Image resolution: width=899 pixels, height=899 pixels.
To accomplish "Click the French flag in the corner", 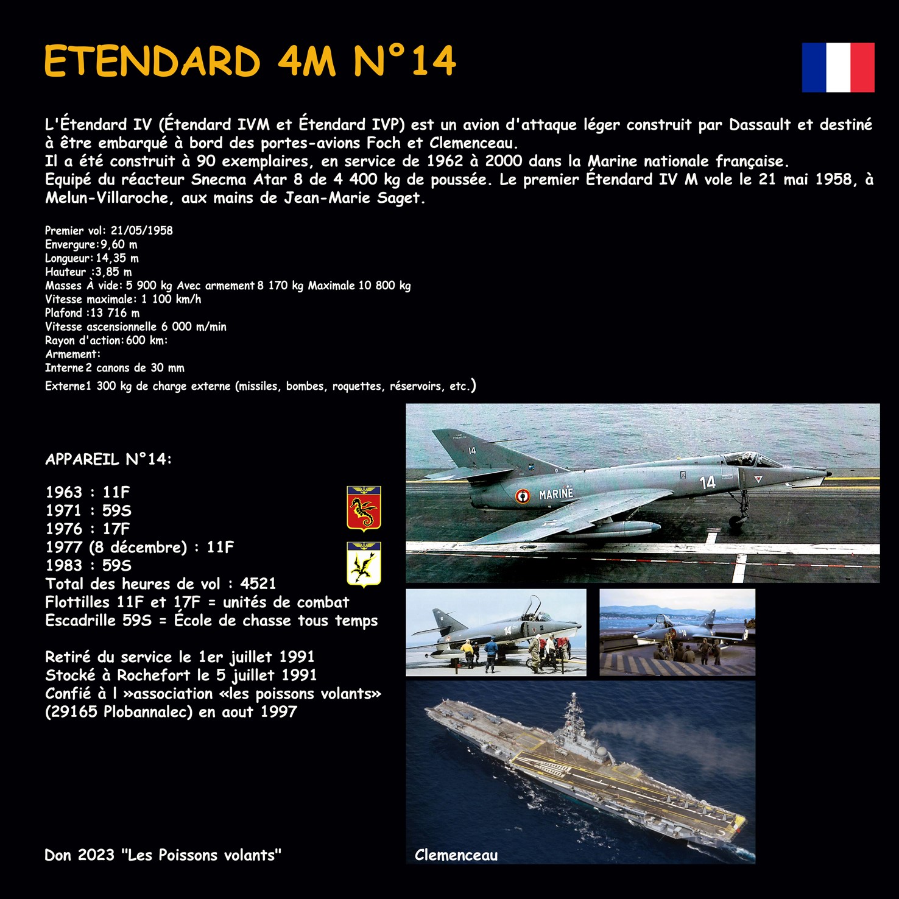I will [837, 67].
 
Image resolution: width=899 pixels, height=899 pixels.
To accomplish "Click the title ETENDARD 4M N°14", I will [250, 61].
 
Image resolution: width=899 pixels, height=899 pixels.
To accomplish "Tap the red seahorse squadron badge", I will [364, 509].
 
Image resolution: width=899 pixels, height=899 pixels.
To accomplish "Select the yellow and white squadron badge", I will [364, 565].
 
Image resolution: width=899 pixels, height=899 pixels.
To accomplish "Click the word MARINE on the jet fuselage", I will [555, 493].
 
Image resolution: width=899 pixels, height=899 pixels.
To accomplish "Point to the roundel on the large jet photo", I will [523, 496].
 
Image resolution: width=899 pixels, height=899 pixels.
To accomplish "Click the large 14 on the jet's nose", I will [707, 483].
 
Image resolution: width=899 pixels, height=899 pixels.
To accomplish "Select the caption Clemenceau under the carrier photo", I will [456, 855].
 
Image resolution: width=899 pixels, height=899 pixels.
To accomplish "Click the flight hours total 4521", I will [258, 584].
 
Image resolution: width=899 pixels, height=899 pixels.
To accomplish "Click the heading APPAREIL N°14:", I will [108, 459].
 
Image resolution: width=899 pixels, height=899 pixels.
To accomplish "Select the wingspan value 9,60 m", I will [119, 245].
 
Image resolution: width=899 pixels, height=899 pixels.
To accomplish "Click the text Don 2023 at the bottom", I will [79, 855].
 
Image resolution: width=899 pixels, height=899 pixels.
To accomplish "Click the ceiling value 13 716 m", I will [115, 313].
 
